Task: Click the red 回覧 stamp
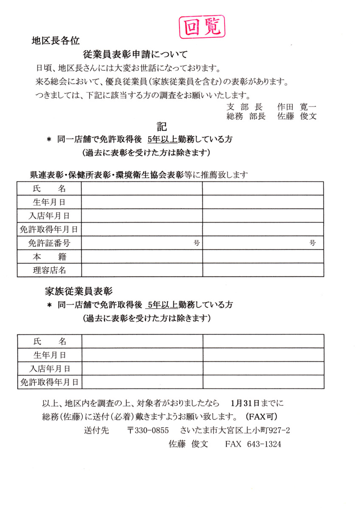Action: coord(202,27)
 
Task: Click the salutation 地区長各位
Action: coord(56,41)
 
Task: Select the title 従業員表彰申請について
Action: coord(135,54)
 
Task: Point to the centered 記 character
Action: coord(161,126)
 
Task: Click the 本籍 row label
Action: coord(49,257)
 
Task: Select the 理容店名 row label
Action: coord(49,270)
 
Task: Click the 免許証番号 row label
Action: coord(49,243)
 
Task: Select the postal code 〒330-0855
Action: coord(148,430)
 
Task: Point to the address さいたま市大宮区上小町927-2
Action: coord(235,430)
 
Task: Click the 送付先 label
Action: coord(96,430)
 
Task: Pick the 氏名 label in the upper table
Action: coord(49,188)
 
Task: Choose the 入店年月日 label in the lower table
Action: coord(50,369)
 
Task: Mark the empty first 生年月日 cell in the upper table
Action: coord(142,202)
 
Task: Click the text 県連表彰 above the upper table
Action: coord(45,175)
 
